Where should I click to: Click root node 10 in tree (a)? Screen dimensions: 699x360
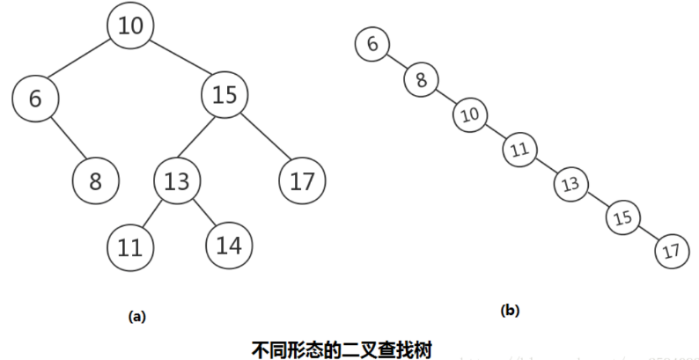tap(130, 26)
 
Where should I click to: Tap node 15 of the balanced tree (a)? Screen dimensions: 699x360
tap(225, 95)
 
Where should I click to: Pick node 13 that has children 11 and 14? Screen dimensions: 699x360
tap(177, 181)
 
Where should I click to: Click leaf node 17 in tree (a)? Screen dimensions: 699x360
tap(302, 181)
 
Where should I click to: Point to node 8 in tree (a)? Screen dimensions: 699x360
tap(95, 181)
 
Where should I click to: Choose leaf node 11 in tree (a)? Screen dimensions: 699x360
tap(130, 246)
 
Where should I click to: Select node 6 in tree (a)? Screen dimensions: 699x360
tap(35, 99)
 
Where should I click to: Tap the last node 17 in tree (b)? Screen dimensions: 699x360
tap(672, 252)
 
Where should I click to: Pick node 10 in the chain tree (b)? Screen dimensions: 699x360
tap(471, 114)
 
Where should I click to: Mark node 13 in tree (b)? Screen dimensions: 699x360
tap(570, 183)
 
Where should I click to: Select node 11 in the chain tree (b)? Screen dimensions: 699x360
tap(520, 149)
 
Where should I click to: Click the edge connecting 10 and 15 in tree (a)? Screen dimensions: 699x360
tap(179, 61)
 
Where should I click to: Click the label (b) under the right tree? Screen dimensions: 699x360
tap(510, 311)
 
